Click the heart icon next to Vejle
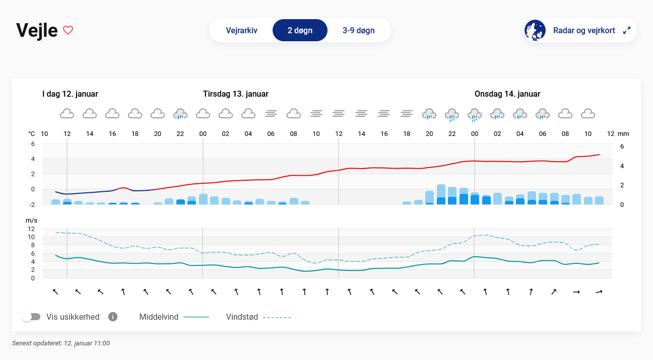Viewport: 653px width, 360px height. (x=68, y=30)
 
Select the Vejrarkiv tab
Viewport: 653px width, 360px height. (x=241, y=30)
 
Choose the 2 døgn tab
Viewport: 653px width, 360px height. (x=300, y=30)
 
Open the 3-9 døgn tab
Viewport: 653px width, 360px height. (x=358, y=30)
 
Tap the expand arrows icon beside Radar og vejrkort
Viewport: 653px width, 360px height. (x=627, y=30)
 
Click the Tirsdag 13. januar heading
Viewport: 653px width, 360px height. (x=235, y=94)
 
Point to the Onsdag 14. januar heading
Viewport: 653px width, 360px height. (x=507, y=94)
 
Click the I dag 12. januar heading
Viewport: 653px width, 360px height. (x=70, y=94)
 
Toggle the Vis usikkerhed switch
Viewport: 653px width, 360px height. (x=31, y=317)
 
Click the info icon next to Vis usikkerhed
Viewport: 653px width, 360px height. (x=113, y=317)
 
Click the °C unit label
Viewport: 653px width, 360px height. (x=32, y=134)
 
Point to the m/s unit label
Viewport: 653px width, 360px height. (x=32, y=221)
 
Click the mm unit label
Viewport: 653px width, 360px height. (x=624, y=134)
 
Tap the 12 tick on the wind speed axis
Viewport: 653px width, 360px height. (x=31, y=229)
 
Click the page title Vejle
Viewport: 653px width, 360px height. (x=37, y=30)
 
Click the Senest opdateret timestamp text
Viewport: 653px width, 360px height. (x=60, y=343)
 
